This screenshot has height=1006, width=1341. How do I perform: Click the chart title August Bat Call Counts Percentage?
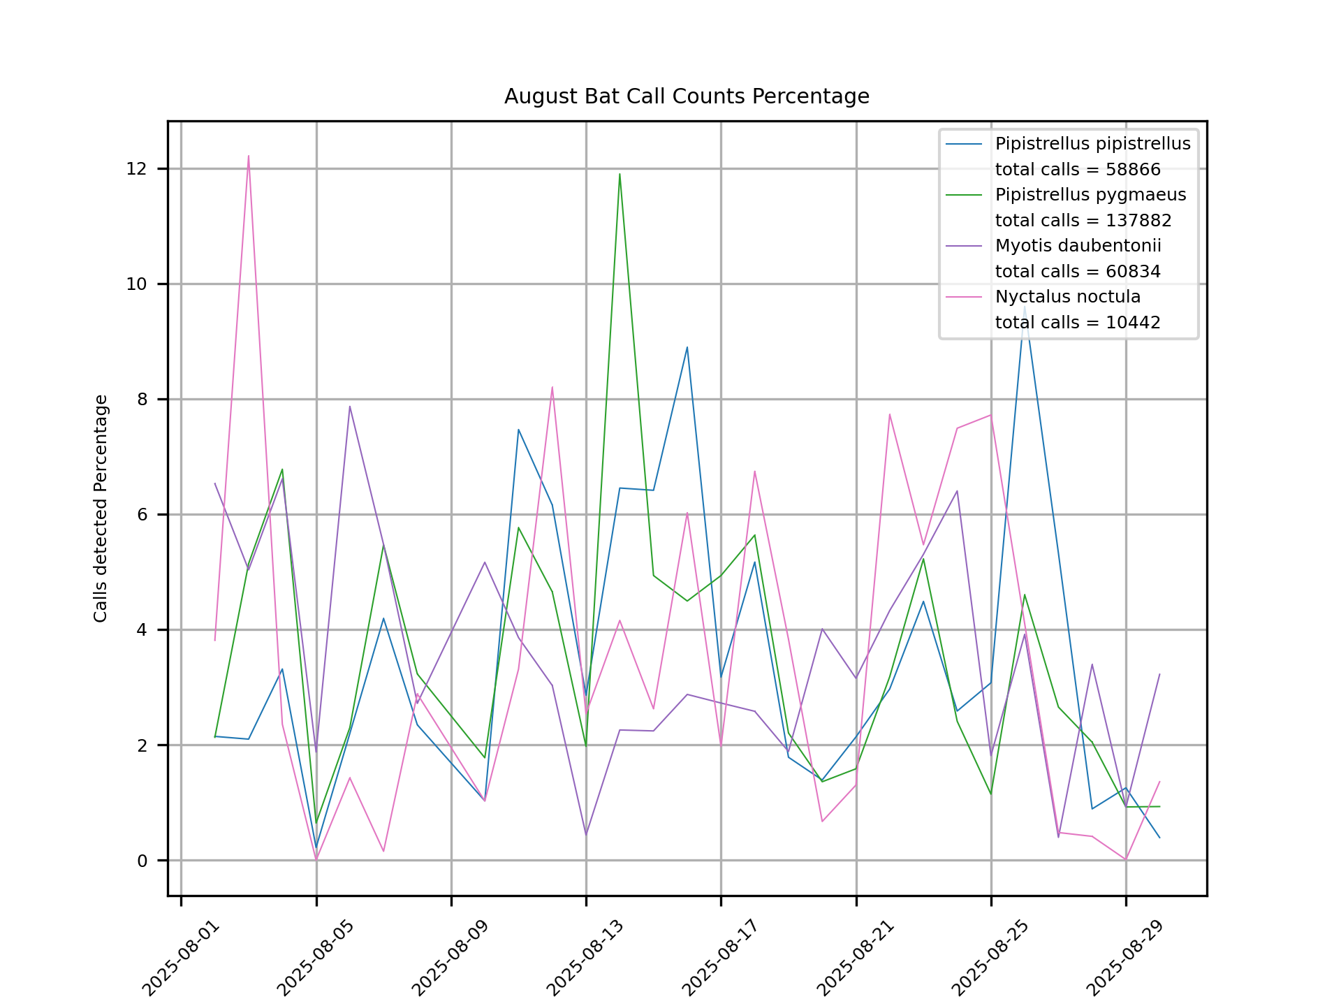(687, 96)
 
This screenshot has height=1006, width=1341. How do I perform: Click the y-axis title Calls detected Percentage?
(101, 509)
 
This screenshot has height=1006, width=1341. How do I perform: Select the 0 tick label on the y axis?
(142, 861)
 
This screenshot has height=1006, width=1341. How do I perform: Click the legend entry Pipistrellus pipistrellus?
(1092, 144)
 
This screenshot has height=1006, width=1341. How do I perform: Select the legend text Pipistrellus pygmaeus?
(1090, 195)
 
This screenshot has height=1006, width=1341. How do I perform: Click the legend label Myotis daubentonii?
(1078, 246)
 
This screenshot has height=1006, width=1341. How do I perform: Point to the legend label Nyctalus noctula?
(1067, 297)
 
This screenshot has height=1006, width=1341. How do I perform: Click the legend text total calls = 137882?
(1083, 221)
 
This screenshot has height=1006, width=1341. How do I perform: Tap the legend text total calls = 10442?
(1077, 323)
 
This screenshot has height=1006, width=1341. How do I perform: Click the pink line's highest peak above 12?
(249, 156)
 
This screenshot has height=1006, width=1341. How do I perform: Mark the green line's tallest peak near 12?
(620, 174)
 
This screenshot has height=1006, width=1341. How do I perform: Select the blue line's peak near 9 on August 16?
(687, 347)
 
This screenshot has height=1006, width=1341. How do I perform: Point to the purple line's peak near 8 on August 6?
(350, 407)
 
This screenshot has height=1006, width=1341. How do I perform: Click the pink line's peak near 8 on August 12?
(552, 387)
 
